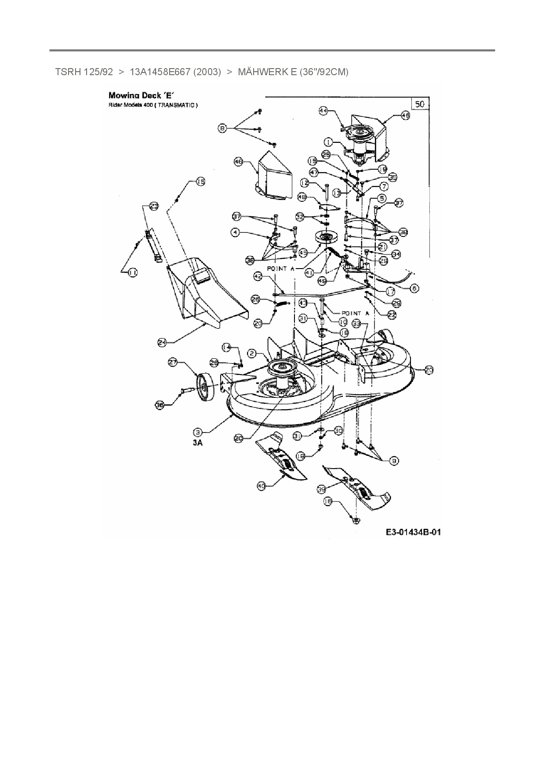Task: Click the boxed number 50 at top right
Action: (x=420, y=104)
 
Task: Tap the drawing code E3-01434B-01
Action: (x=413, y=532)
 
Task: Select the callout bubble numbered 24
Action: (x=162, y=342)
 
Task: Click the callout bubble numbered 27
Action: (x=173, y=362)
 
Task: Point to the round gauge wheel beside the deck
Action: (x=205, y=387)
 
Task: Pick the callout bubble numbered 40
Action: (x=262, y=486)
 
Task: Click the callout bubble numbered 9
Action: (x=394, y=460)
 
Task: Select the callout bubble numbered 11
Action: (x=132, y=273)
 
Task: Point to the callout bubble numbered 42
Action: (x=258, y=276)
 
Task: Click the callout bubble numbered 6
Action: (x=414, y=288)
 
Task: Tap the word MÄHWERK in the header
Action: (x=261, y=72)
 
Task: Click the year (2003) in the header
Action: (x=207, y=72)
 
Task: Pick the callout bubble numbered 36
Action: (x=160, y=405)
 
